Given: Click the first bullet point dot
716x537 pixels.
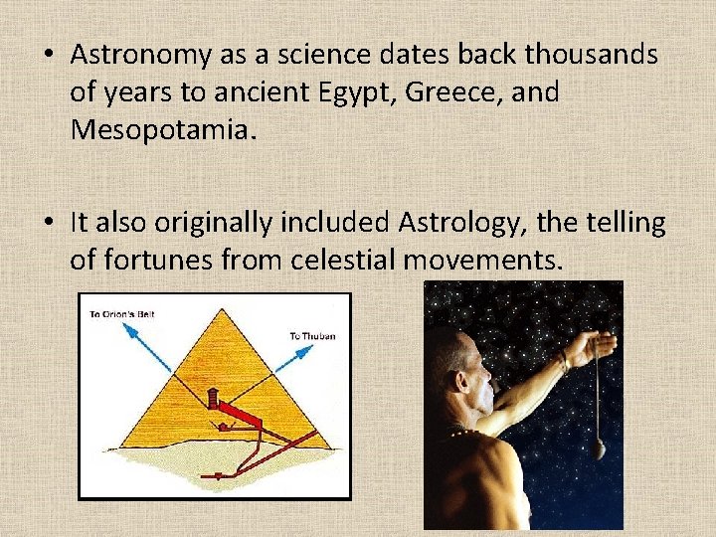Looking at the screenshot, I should click(48, 56).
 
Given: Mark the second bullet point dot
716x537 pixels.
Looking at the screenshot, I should click(48, 224).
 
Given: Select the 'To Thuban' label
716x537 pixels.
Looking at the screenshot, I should click(312, 336).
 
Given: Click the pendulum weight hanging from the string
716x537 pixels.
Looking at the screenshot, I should click(598, 449).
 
